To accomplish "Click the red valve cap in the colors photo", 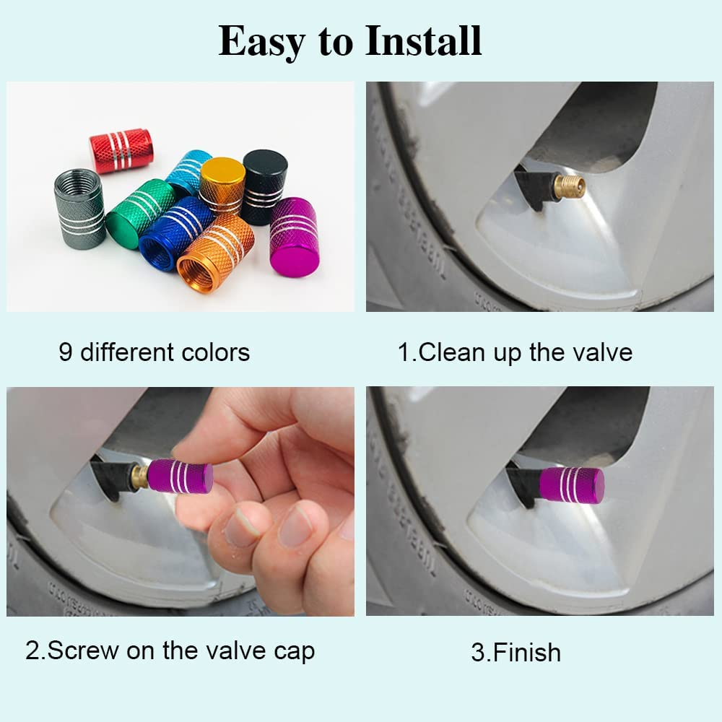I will coord(121,150).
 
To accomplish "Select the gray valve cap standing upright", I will coord(79,209).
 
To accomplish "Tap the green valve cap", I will coord(139,214).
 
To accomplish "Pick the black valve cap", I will coord(264,186).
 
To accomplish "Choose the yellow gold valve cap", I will coord(222,186).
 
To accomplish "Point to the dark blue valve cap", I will coord(175,233).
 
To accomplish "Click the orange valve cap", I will coord(215,253).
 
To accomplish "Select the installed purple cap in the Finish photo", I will coord(571,484).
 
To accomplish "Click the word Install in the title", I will coord(423,41).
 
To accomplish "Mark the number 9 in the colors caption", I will coord(66,352).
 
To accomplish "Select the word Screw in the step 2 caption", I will coord(84,651).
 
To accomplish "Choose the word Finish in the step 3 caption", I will coord(526,652).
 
